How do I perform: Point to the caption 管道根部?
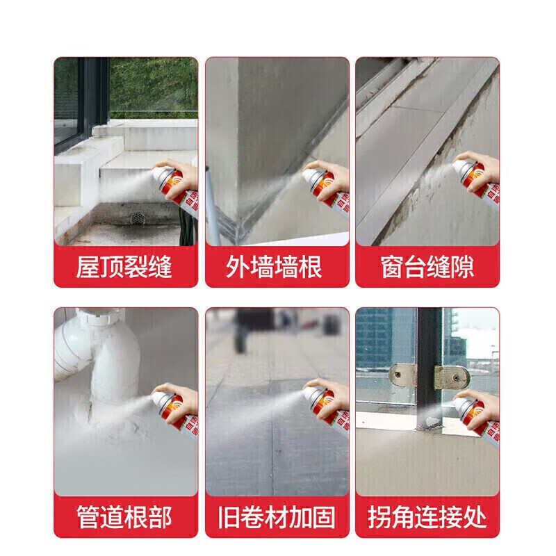125,517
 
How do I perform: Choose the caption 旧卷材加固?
277,517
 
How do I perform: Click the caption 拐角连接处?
427,517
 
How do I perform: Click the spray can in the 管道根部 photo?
177,410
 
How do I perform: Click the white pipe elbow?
104,347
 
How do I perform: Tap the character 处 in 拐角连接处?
475,517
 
